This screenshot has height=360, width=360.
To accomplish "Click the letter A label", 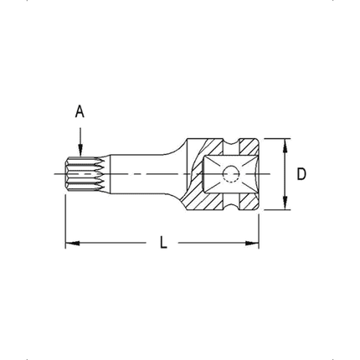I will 80,110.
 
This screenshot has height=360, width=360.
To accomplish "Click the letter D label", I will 301,174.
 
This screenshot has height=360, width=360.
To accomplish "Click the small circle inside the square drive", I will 229,174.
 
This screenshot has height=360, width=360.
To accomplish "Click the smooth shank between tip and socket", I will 138,174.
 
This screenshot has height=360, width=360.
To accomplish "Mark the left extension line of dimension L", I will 65,218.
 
